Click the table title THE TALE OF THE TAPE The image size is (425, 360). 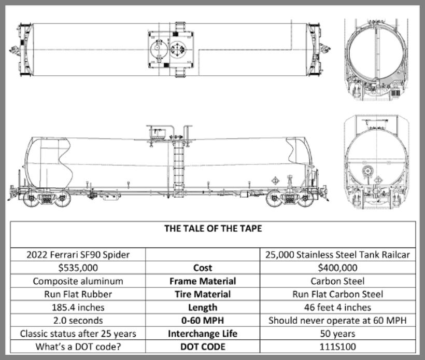(x=212, y=228)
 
